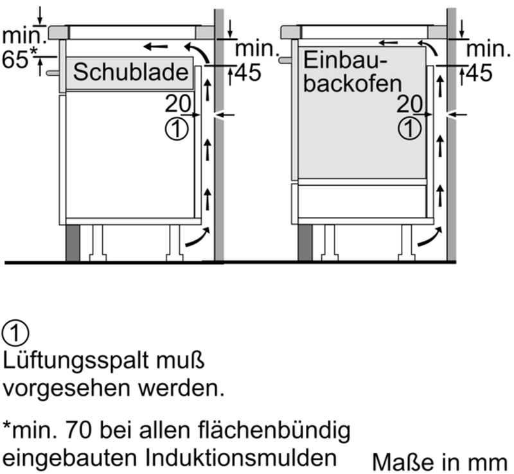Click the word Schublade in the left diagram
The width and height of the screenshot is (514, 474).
click(x=130, y=72)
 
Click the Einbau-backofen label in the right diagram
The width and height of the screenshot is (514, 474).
click(x=352, y=72)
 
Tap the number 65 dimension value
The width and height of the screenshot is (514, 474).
click(x=15, y=59)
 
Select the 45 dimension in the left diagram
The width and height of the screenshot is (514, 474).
click(x=249, y=73)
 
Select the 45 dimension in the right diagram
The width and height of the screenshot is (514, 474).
click(x=479, y=73)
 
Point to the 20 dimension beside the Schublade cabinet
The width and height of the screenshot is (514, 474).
click(x=178, y=103)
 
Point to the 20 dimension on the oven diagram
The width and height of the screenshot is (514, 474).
click(x=410, y=104)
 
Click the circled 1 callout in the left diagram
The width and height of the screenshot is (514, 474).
click(x=177, y=129)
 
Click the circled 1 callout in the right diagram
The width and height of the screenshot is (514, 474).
click(x=409, y=129)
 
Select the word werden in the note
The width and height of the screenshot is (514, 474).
click(x=181, y=388)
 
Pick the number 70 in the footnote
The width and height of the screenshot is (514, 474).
click(x=78, y=430)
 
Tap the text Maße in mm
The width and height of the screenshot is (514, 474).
click(x=440, y=462)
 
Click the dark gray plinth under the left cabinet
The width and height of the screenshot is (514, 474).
click(x=73, y=243)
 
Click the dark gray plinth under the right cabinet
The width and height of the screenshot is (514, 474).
click(x=305, y=243)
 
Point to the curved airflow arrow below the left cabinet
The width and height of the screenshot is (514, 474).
click(x=198, y=238)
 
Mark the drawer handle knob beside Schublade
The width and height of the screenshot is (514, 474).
click(x=53, y=73)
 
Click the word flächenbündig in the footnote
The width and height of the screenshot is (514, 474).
click(x=274, y=431)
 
